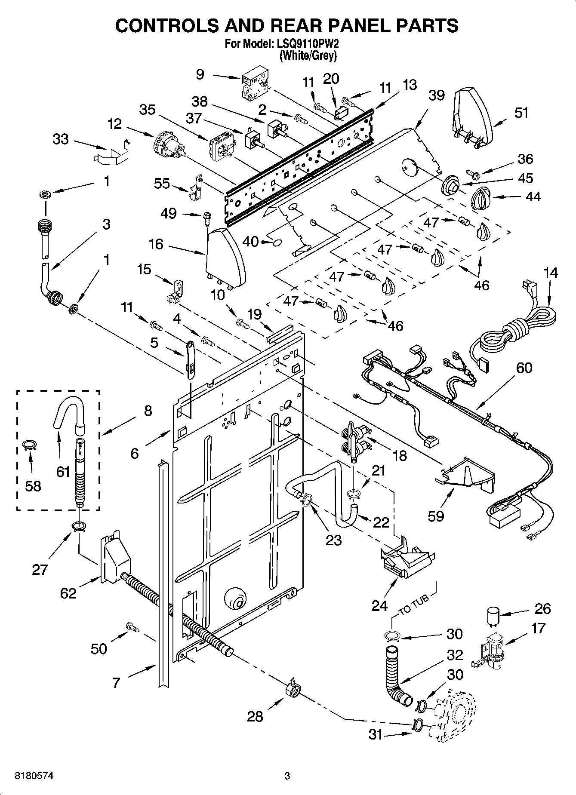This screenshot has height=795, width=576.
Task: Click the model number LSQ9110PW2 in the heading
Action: pos(311,44)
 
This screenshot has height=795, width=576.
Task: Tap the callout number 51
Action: pos(521,113)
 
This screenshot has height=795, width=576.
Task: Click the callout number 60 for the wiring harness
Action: pos(524,368)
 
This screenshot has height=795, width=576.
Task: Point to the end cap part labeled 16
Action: pos(225,258)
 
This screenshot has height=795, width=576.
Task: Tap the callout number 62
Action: pos(68,593)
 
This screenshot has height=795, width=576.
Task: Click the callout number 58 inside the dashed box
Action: pos(33,486)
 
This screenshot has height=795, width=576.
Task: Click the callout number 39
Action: pos(436,95)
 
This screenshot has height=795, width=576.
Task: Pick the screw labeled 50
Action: pos(132,627)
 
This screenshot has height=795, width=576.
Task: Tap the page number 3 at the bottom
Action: pos(287,776)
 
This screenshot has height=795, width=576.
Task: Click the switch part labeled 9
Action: pos(254,86)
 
